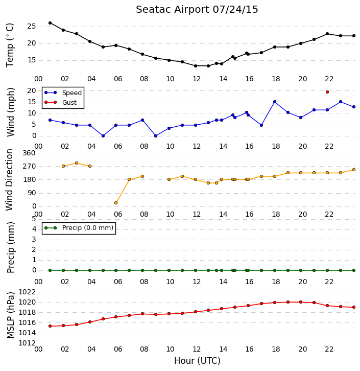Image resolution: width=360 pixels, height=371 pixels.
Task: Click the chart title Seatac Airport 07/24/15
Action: pos(197,10)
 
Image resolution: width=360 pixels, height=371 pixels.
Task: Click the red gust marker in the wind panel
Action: pos(327,92)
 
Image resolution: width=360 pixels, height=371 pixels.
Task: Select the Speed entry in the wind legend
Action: pos(63,93)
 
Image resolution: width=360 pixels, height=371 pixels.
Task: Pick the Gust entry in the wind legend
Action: pos(61,102)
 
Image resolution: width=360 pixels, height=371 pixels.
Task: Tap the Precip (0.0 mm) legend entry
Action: pos(79,228)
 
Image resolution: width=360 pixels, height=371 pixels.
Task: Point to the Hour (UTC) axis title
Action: pos(197,361)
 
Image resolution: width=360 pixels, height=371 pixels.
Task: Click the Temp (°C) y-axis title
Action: pos(10,45)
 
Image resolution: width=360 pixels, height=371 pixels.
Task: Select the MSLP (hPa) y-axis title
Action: pos(10,315)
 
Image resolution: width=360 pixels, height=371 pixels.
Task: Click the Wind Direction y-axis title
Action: pos(9,180)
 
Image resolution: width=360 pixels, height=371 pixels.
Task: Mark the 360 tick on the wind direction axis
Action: pos(29,153)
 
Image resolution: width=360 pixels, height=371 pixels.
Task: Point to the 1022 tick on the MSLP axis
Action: pos(27,292)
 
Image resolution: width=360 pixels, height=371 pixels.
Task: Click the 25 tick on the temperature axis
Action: pos(32,26)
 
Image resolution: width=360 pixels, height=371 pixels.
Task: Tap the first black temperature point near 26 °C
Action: pos(50,23)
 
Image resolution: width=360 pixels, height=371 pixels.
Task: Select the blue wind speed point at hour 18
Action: pos(275,102)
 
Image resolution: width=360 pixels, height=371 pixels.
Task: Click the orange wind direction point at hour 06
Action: pos(116,203)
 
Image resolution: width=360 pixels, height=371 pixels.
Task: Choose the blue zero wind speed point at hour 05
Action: pos(103,136)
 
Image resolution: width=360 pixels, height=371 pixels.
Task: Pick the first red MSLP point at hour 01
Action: pos(50,326)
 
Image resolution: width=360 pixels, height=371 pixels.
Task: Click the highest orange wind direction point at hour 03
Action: pos(77,163)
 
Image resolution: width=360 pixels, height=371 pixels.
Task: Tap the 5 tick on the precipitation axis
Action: pos(34,219)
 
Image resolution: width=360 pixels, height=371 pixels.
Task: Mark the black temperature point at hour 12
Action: pos(196,66)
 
